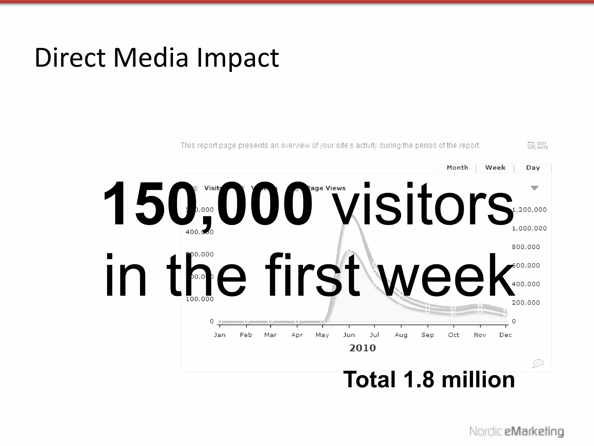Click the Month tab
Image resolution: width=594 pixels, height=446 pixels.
457,168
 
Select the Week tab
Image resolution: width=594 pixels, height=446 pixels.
495,168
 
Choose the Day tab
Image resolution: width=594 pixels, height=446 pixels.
533,168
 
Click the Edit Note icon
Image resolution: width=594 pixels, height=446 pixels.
537,145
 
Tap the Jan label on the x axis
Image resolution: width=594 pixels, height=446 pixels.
220,335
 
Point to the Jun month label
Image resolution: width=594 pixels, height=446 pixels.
349,335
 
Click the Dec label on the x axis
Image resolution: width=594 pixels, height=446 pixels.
505,335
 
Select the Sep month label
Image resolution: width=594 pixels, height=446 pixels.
428,335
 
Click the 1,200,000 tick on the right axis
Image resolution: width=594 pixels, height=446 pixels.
529,210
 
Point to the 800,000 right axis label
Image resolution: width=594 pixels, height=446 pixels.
526,247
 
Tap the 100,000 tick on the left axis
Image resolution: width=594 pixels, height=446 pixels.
200,299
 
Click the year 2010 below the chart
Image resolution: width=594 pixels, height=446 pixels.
362,348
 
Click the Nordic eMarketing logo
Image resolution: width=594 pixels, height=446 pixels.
517,431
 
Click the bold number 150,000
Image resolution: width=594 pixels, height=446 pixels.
207,203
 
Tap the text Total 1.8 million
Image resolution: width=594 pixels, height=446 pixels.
429,380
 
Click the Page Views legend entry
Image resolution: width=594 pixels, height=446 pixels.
326,188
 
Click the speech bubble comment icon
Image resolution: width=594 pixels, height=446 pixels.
538,363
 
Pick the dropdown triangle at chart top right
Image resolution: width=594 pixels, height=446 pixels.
534,188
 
